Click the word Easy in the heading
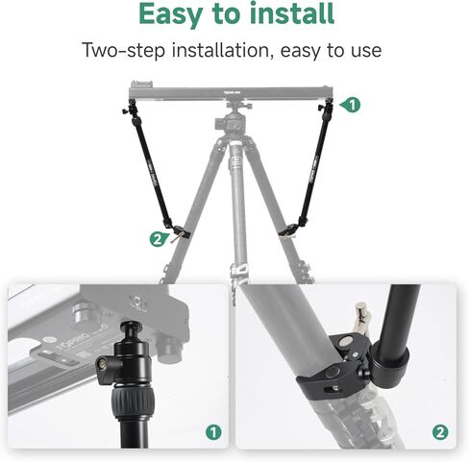(177, 15)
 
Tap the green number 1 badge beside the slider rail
(353, 103)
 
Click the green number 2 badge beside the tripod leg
(157, 239)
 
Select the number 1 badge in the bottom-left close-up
(212, 433)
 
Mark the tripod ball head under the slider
(234, 123)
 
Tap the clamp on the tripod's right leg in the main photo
(288, 231)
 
